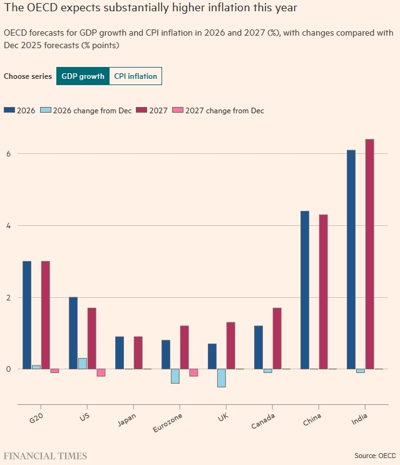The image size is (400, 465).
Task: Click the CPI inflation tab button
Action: (x=135, y=76)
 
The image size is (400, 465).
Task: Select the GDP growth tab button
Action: (x=82, y=76)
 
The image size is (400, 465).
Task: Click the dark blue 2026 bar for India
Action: (x=351, y=259)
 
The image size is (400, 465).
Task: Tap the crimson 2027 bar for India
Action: (x=369, y=253)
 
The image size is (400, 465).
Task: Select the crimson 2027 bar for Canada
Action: (x=277, y=338)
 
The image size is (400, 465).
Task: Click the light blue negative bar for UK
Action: (x=222, y=378)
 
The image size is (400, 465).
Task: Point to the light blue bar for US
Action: (x=83, y=364)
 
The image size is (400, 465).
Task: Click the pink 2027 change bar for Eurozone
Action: (x=194, y=372)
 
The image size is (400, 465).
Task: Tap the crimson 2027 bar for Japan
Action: (x=138, y=352)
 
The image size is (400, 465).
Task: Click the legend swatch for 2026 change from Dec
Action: (x=45, y=111)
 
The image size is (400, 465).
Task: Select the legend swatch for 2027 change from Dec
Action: (x=178, y=111)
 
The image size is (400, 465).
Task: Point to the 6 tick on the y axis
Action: (x=8, y=154)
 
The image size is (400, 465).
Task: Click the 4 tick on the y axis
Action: (x=8, y=225)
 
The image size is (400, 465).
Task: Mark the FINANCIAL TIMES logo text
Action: (x=46, y=456)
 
